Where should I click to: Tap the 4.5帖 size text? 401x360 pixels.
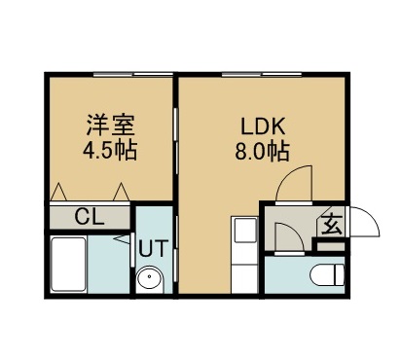109,152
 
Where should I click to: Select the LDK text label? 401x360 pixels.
262,126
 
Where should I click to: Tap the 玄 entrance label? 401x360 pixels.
331,225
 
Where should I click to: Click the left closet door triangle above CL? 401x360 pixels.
60,191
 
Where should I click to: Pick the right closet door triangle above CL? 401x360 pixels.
121,191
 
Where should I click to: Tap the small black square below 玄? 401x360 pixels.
332,243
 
